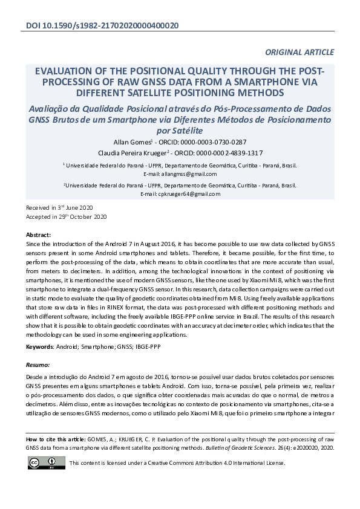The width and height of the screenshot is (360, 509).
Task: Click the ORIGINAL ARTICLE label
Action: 299,53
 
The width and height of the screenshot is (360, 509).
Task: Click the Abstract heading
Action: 39,234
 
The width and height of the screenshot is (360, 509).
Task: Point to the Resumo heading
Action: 38,365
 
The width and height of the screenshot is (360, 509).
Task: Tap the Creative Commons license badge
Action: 46,462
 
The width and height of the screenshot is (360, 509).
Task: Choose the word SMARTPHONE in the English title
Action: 260,82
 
